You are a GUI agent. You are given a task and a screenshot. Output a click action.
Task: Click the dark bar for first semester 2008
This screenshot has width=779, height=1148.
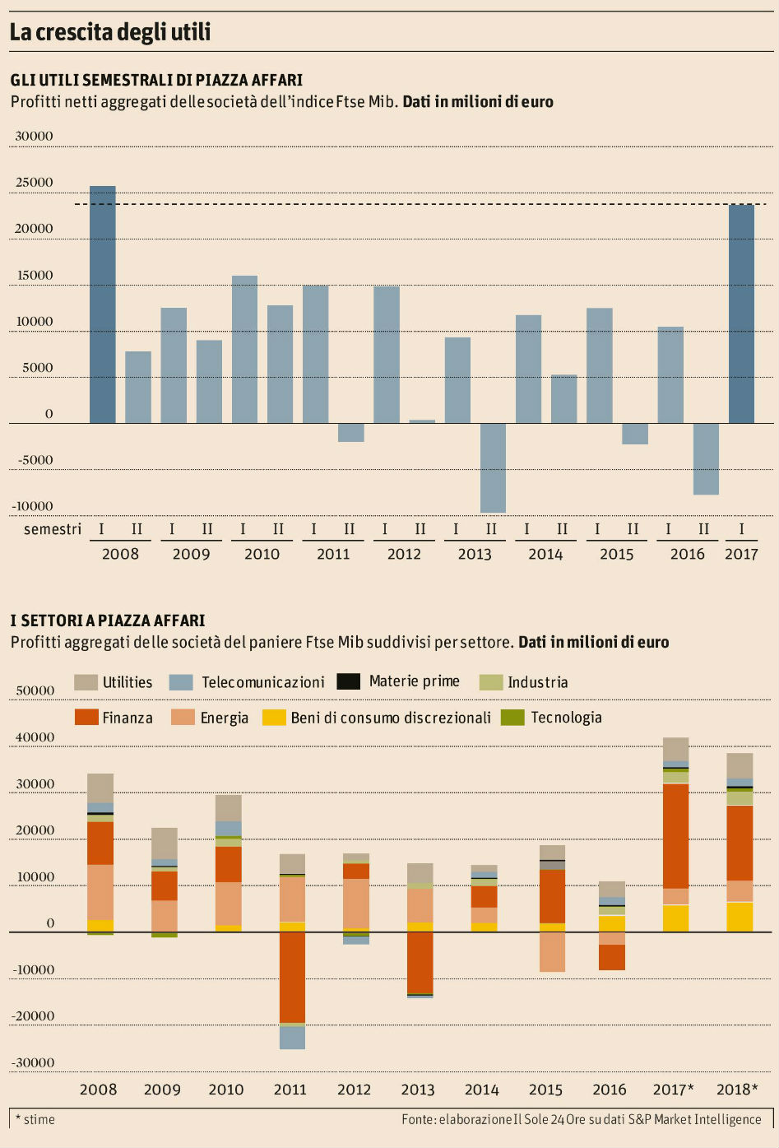coord(103,304)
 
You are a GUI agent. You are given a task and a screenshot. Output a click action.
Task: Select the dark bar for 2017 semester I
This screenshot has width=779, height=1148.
coord(741,314)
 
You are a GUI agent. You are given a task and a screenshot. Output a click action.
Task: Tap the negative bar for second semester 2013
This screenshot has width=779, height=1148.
coord(493,467)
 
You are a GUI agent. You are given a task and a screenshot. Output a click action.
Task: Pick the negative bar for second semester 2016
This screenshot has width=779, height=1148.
coord(706,458)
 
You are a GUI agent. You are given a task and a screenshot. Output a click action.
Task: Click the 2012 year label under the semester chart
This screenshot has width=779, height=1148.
coord(404,554)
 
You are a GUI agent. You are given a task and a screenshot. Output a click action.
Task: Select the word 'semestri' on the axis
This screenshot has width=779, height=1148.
coord(53,529)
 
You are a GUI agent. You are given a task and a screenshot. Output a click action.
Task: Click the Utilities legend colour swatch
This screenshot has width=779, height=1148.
coord(86,682)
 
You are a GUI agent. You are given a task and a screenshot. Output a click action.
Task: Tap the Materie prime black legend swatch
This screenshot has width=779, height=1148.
coord(350,681)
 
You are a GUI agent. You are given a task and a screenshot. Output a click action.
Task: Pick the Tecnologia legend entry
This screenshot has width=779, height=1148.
coord(552,718)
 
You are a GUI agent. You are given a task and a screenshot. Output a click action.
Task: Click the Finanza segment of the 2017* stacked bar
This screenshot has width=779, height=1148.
coord(676,835)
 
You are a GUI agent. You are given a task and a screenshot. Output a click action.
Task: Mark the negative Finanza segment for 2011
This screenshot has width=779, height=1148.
coord(292,977)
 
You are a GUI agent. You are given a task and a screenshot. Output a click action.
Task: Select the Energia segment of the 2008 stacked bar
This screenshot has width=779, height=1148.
coord(100,891)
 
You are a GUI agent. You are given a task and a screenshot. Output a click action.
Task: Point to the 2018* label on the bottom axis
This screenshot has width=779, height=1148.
coord(738,1090)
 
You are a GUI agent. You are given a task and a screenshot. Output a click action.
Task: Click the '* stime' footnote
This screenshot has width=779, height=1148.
coord(35,1119)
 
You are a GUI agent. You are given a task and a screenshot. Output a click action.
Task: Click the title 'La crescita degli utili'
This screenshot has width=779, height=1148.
coord(110,32)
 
